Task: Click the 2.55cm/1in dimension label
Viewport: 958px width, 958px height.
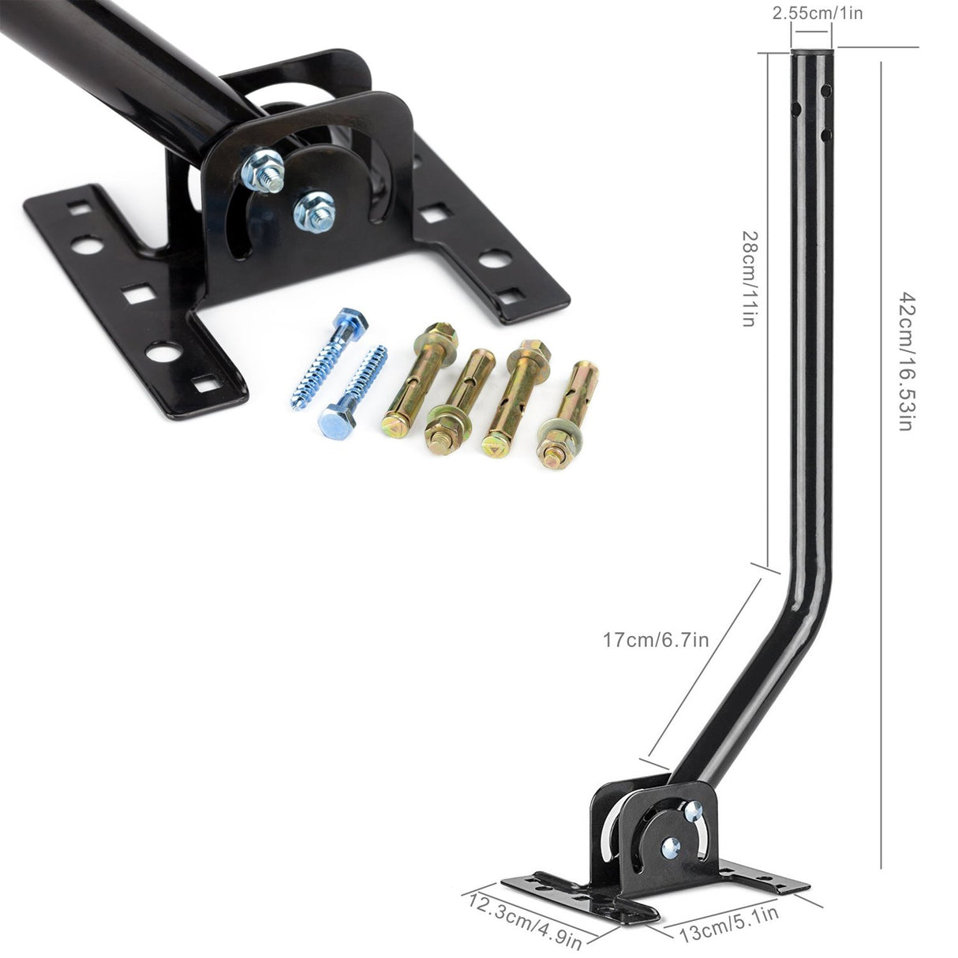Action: point(811,13)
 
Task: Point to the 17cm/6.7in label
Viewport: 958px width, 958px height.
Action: point(656,638)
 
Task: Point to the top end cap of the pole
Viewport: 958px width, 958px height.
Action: point(811,54)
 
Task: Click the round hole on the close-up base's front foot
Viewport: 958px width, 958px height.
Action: point(163,352)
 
